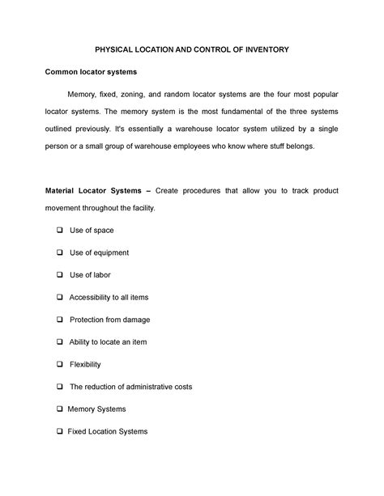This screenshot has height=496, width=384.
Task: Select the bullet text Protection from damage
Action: coord(109,320)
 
